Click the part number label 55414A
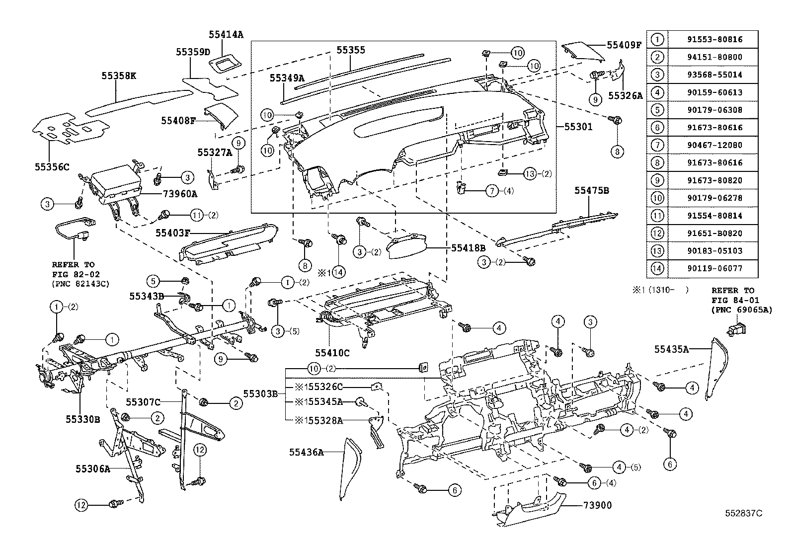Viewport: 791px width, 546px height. tap(226, 34)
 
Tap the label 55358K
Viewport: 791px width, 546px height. tap(119, 76)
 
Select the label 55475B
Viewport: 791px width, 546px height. tap(592, 190)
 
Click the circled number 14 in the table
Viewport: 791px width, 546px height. tap(657, 268)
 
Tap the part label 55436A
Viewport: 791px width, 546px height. tap(307, 452)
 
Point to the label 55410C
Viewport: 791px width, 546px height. tap(332, 353)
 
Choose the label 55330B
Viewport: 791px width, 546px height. tap(82, 419)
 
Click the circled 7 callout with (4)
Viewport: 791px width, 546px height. tap(491, 191)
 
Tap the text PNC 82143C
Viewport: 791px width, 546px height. tap(80, 284)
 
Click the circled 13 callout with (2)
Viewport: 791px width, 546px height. tap(530, 174)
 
